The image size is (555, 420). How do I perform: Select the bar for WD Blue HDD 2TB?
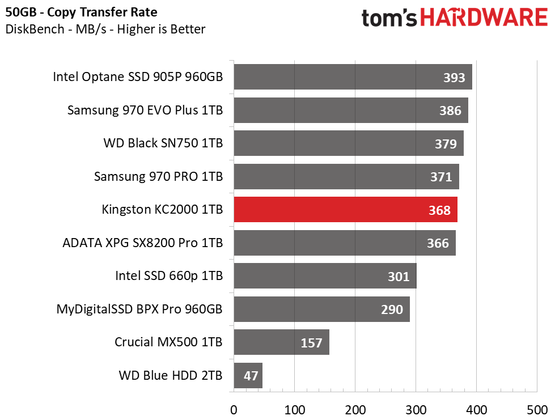[248, 375]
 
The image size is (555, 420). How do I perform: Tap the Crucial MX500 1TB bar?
[281, 342]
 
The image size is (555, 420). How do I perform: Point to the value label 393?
[454, 78]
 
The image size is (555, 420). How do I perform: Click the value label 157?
[311, 343]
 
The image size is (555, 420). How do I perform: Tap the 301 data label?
[399, 277]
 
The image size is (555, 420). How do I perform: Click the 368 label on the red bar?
[439, 210]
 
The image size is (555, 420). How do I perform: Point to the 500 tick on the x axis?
[536, 409]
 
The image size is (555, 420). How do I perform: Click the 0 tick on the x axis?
[234, 409]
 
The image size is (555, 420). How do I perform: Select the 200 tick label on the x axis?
[355, 409]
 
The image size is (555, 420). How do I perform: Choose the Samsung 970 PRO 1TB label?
[158, 177]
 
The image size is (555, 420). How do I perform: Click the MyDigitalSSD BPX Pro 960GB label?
[139, 309]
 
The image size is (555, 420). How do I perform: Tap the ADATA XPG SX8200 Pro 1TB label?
[143, 243]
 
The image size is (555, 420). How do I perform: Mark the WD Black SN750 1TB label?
[163, 143]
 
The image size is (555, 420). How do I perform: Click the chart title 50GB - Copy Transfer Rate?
[82, 12]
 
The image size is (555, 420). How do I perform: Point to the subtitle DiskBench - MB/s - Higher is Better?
[105, 29]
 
